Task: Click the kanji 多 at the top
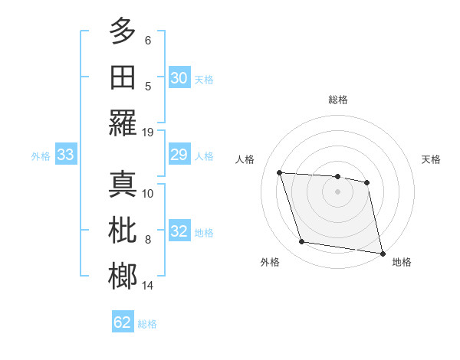(123, 31)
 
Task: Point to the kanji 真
(123, 185)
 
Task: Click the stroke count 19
(149, 132)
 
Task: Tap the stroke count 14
(149, 286)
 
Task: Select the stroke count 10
(149, 193)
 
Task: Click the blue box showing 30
(179, 78)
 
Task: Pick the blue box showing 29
(179, 155)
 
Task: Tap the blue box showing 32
(179, 232)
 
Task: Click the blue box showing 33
(65, 155)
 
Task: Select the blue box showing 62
(123, 322)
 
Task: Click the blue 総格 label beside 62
(147, 324)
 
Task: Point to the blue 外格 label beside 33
(41, 156)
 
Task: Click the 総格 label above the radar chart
(338, 100)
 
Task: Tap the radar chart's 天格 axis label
(432, 159)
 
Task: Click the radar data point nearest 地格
(382, 253)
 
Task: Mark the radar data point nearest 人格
(280, 172)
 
